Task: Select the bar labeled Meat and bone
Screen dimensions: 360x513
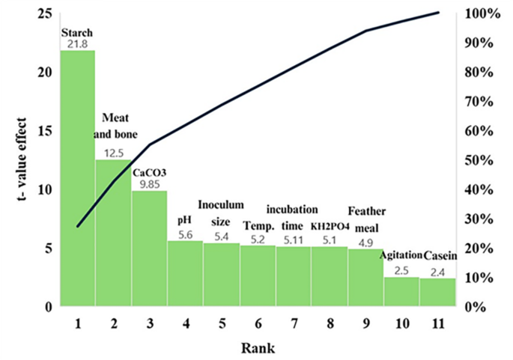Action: click(113, 232)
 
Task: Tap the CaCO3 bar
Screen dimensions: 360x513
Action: click(149, 248)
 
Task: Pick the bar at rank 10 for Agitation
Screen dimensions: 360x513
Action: click(401, 291)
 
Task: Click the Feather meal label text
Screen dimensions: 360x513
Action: click(366, 217)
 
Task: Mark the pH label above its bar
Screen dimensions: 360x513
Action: click(185, 220)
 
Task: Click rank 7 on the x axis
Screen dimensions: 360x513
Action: click(294, 323)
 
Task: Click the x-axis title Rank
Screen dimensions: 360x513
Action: click(258, 348)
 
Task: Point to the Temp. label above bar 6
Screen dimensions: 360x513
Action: click(257, 225)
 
